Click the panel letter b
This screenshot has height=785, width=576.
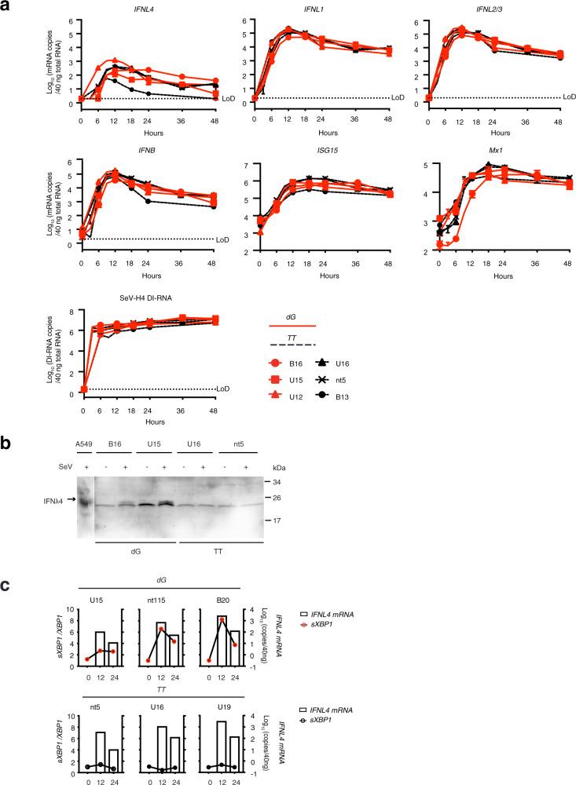point(6,445)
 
